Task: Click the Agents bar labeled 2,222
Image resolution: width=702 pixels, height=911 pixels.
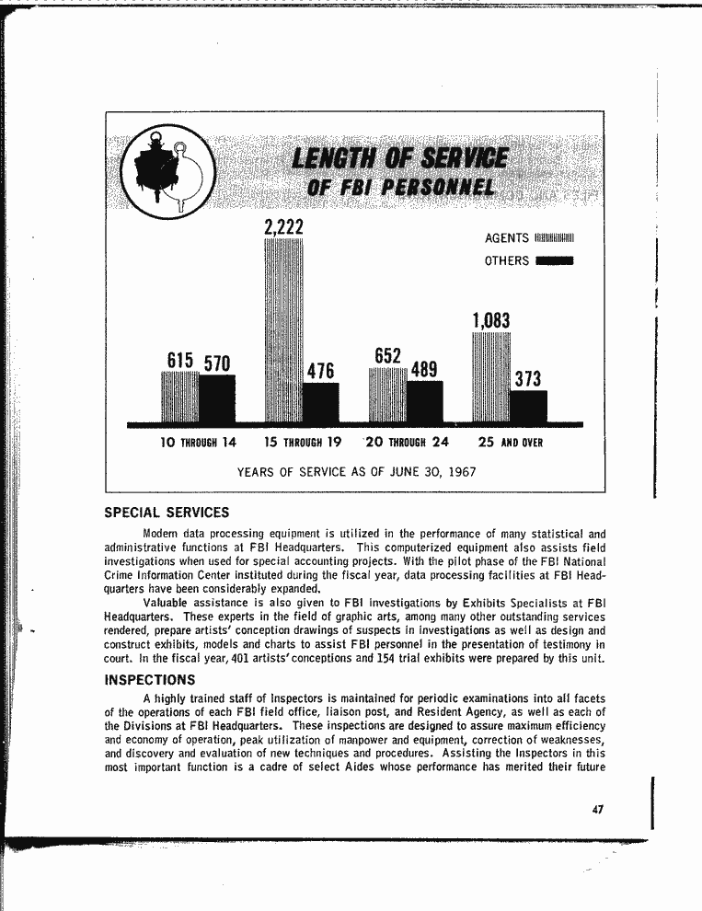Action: point(283,331)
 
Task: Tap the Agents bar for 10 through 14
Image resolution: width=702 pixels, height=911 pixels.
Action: point(179,398)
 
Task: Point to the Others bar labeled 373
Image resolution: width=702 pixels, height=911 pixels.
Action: point(528,407)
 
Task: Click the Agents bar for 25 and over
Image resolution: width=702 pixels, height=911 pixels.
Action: point(490,377)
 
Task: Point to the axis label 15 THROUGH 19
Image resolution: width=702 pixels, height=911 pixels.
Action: point(303,442)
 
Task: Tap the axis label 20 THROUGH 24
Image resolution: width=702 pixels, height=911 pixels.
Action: point(408,442)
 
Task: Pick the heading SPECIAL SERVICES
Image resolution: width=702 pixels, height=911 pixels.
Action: point(167,513)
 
